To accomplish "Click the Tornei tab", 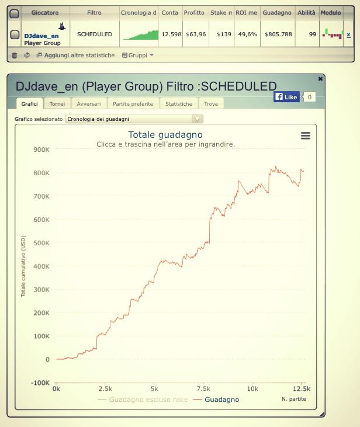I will [x=57, y=103].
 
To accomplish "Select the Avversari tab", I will [x=89, y=103].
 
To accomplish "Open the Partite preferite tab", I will [x=133, y=103].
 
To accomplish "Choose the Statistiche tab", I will [x=178, y=103].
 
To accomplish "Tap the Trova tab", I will [x=211, y=103].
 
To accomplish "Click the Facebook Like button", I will [x=286, y=96].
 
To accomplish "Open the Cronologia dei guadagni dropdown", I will [x=134, y=119].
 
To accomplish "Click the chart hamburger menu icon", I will [x=305, y=136].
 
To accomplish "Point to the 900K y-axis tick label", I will [x=41, y=150].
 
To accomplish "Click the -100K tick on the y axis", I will [x=40, y=383].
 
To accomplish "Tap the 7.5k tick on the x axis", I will [x=203, y=388].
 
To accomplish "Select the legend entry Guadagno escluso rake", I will [x=144, y=400].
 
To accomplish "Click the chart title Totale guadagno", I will [x=165, y=135].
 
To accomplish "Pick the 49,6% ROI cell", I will [x=247, y=34].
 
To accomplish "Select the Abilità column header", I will [x=306, y=12].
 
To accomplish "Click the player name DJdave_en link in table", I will [x=41, y=36].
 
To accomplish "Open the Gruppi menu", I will [x=138, y=55].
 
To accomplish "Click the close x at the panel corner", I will [x=320, y=78].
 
